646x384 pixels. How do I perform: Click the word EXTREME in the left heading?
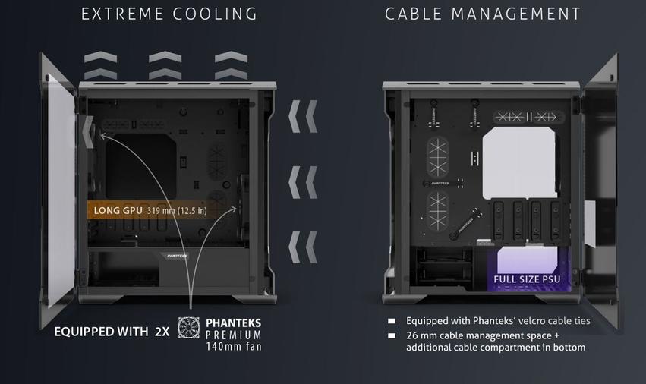point(122,14)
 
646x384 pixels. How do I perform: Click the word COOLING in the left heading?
point(215,14)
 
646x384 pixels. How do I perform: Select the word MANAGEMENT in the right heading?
point(515,14)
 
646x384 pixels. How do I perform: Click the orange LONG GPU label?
point(118,210)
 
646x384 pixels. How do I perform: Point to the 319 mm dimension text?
point(161,211)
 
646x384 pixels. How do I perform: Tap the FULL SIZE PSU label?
point(527,279)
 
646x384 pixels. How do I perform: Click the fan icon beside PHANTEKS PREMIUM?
point(189,328)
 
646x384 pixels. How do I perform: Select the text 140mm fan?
point(234,347)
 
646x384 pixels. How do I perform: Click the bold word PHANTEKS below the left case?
point(234,323)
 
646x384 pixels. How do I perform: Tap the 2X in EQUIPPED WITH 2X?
point(162,332)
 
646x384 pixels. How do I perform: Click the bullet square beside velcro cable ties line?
point(392,321)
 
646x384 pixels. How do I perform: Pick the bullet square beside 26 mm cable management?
point(392,335)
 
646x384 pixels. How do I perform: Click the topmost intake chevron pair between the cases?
point(303,116)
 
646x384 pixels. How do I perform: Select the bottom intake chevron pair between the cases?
point(303,247)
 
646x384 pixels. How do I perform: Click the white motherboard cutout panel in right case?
point(520,162)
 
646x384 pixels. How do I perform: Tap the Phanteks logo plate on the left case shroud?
point(176,256)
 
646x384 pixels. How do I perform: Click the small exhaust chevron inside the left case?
point(88,132)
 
